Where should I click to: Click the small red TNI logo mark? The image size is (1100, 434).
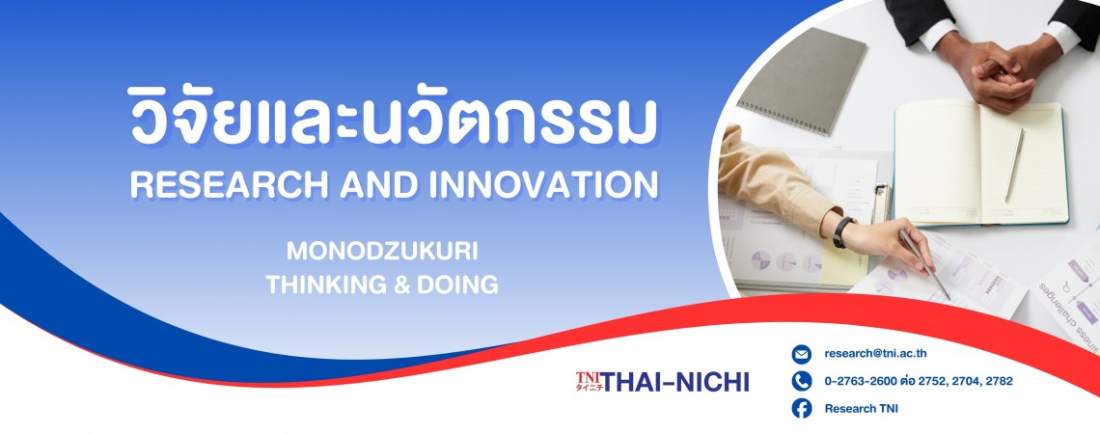coord(589,381)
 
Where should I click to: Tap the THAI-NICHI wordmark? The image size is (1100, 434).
coord(675,382)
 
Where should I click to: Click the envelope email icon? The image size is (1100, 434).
coord(801,354)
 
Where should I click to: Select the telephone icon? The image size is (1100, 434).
coord(801,381)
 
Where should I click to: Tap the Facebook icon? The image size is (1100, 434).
coord(801,408)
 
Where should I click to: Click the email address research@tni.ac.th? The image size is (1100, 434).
coord(875,354)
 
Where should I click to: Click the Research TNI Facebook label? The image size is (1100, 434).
coord(862,409)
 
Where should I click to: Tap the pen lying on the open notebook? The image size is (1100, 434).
coord(1014,165)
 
